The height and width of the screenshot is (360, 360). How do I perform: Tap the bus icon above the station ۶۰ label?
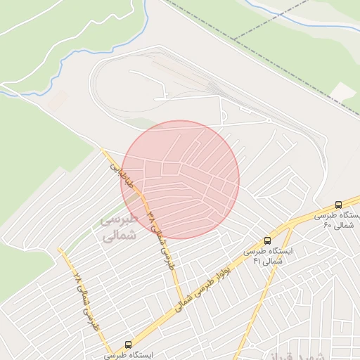tap(338, 205)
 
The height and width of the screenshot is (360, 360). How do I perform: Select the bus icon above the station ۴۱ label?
tap(266, 240)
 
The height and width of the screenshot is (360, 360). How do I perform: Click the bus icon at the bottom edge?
tap(127, 345)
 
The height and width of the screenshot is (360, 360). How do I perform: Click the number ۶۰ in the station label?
tap(328, 225)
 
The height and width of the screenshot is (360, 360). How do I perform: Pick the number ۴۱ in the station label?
tap(257, 261)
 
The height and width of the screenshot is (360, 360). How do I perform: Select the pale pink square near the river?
tap(58, 101)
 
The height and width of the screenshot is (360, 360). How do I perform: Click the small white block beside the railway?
tap(343, 91)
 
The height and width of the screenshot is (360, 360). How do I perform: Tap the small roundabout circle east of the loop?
tap(269, 120)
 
